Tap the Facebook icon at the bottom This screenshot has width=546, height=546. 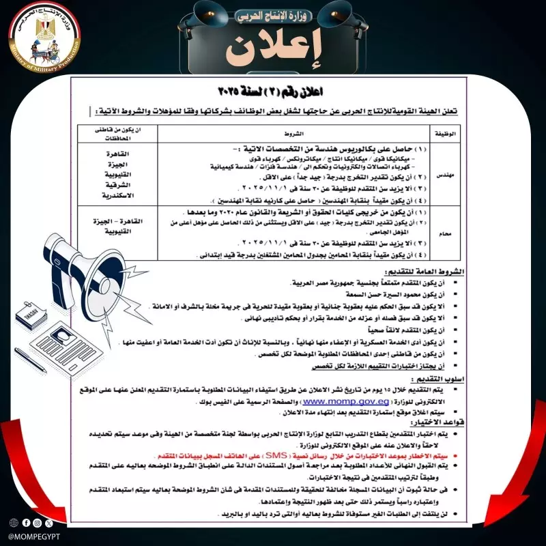click(x=26, y=523)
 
